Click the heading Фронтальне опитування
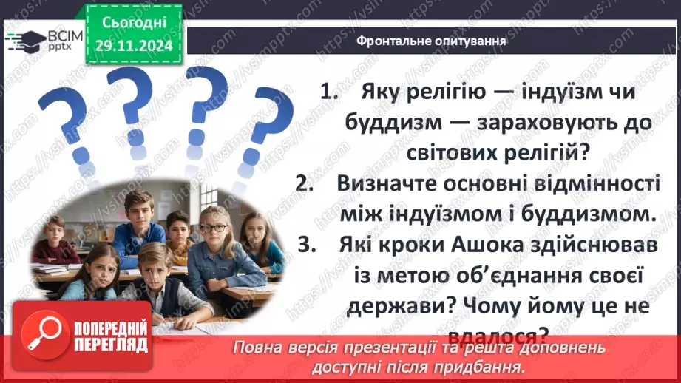click(x=431, y=41)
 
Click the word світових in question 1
click(x=449, y=153)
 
